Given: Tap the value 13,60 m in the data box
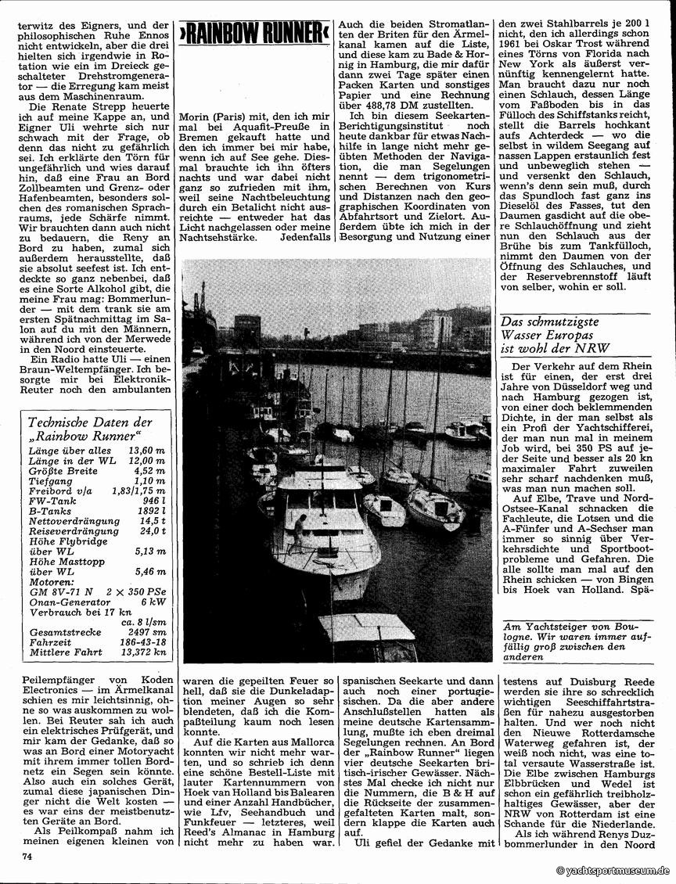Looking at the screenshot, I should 149,450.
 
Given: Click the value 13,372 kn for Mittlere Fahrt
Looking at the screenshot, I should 145,652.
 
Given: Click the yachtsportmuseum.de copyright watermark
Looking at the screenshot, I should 613,871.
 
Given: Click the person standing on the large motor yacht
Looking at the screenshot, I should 300,534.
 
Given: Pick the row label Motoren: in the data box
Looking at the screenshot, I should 50,580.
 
